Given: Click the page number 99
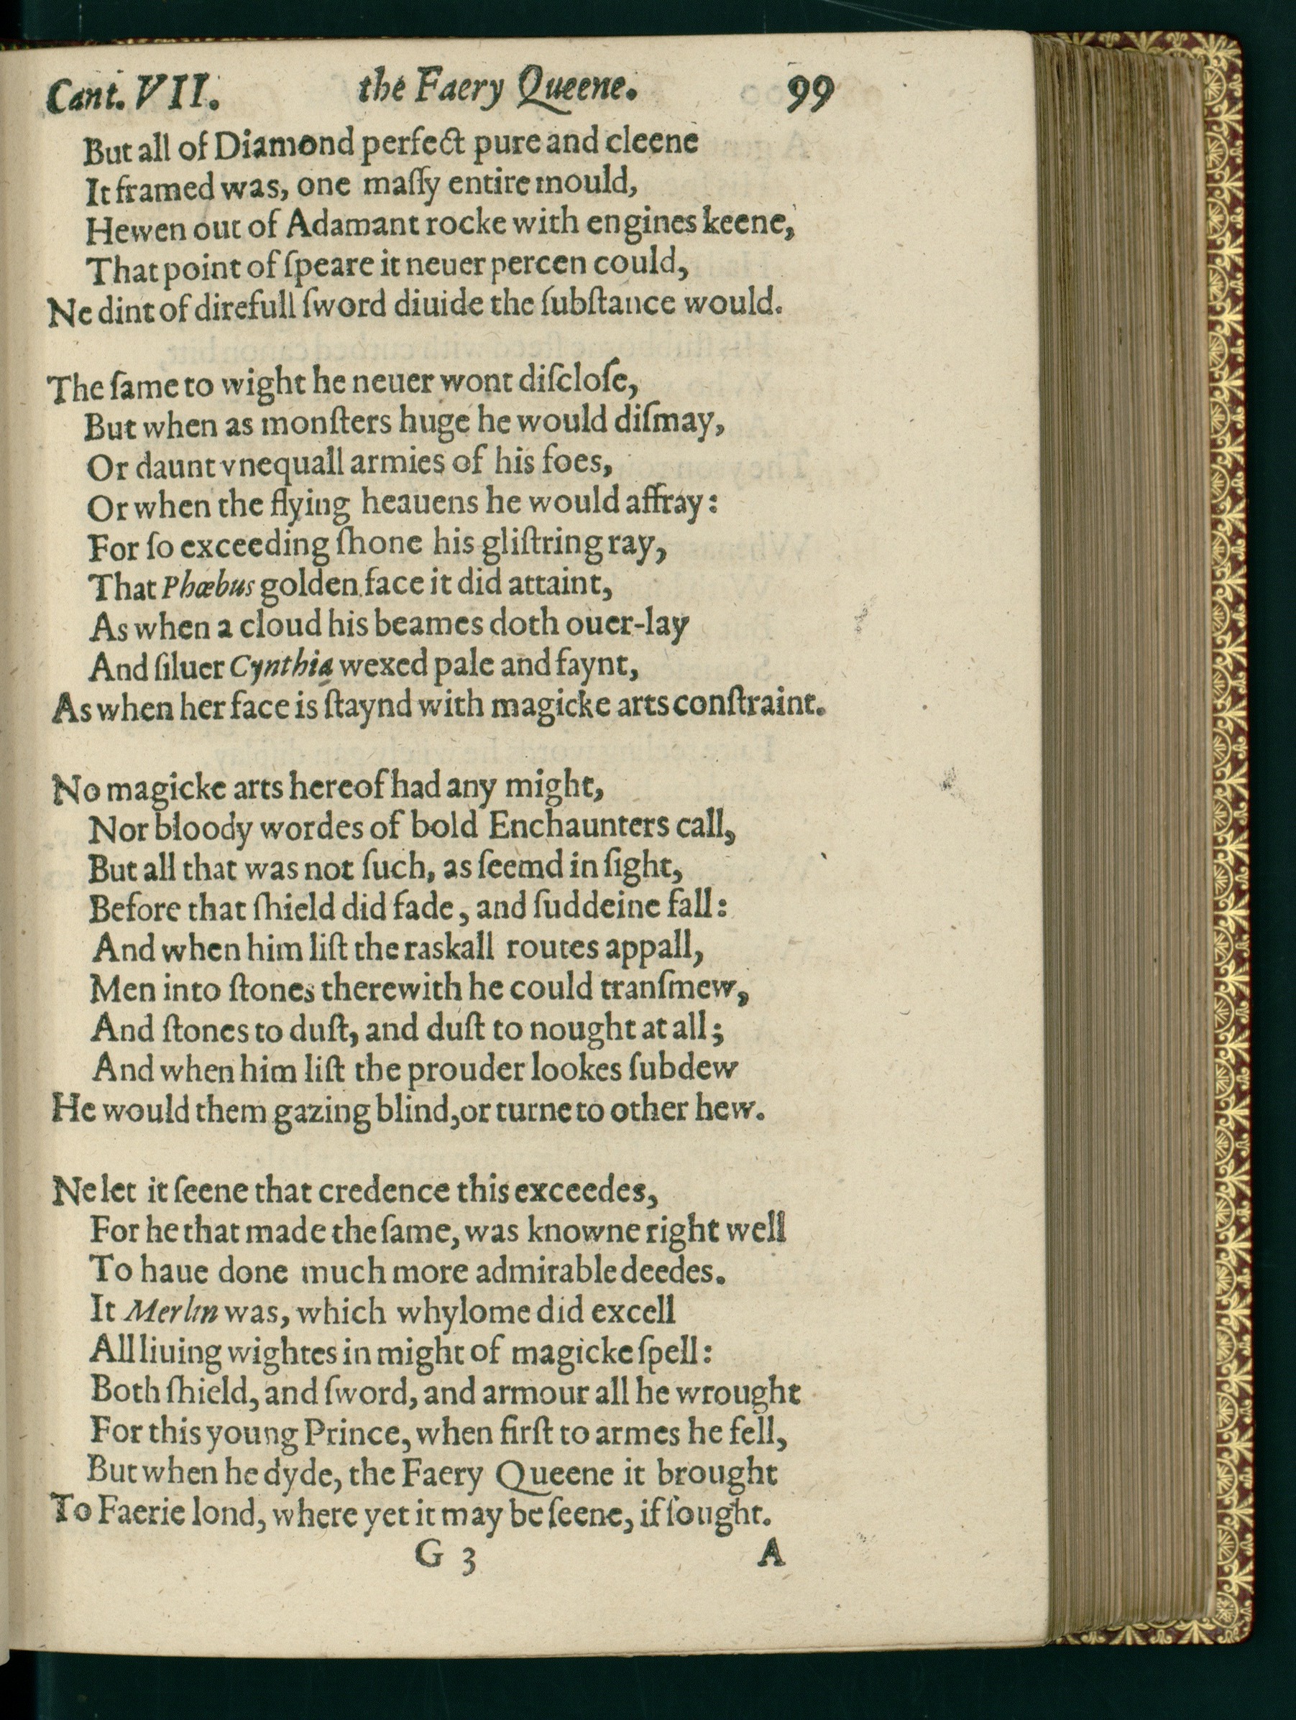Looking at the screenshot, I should coord(809,96).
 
